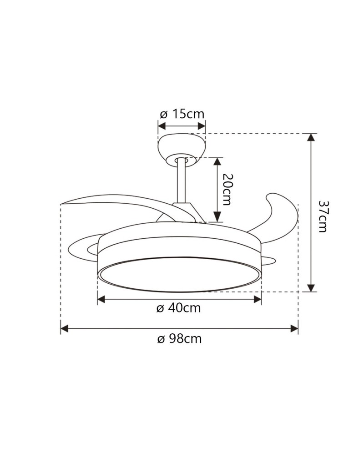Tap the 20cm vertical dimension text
[x=226, y=189]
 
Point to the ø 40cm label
[x=179, y=308]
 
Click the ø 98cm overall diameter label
[x=179, y=339]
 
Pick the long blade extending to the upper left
[x=109, y=200]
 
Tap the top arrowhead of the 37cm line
[x=311, y=137]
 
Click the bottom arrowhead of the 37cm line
[x=311, y=288]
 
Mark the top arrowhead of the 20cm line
[x=217, y=161]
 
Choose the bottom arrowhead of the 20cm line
[x=217, y=219]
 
